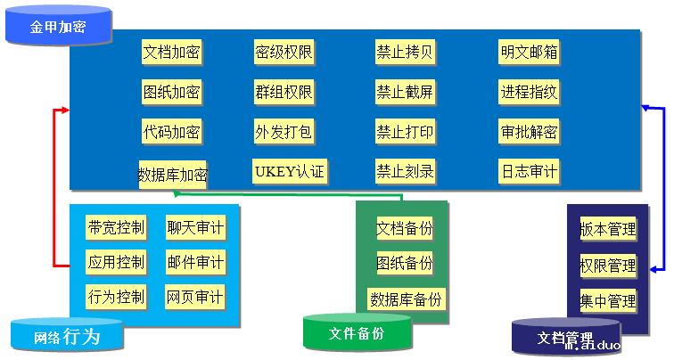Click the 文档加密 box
[171, 52]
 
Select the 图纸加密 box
[171, 92]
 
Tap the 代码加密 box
[171, 132]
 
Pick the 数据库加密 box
[173, 174]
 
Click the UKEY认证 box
[290, 170]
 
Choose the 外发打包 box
[284, 132]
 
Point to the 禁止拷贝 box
[405, 52]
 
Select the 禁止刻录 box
[405, 170]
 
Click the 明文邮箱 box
[529, 52]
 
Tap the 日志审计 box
[529, 170]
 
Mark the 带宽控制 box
[116, 228]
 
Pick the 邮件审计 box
[195, 263]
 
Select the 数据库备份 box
[406, 299]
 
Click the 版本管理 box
[608, 229]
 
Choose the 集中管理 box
[608, 300]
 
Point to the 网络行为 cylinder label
[67, 337]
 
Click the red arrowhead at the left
[64, 111]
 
